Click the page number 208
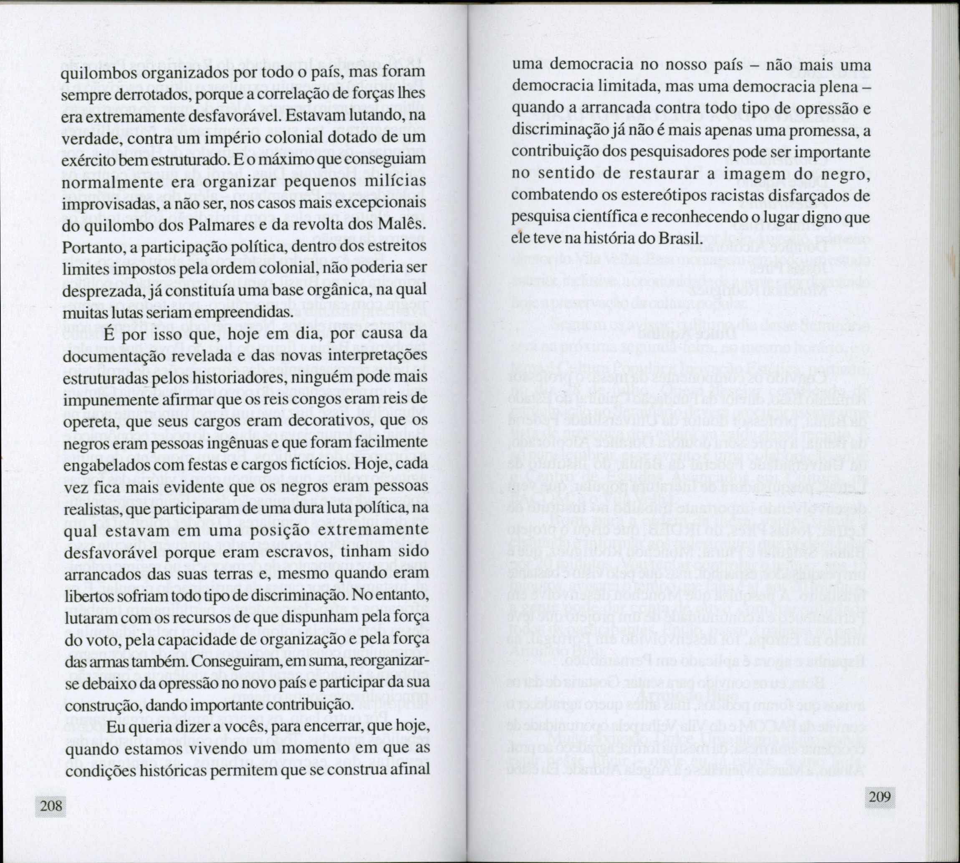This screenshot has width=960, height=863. point(51,805)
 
